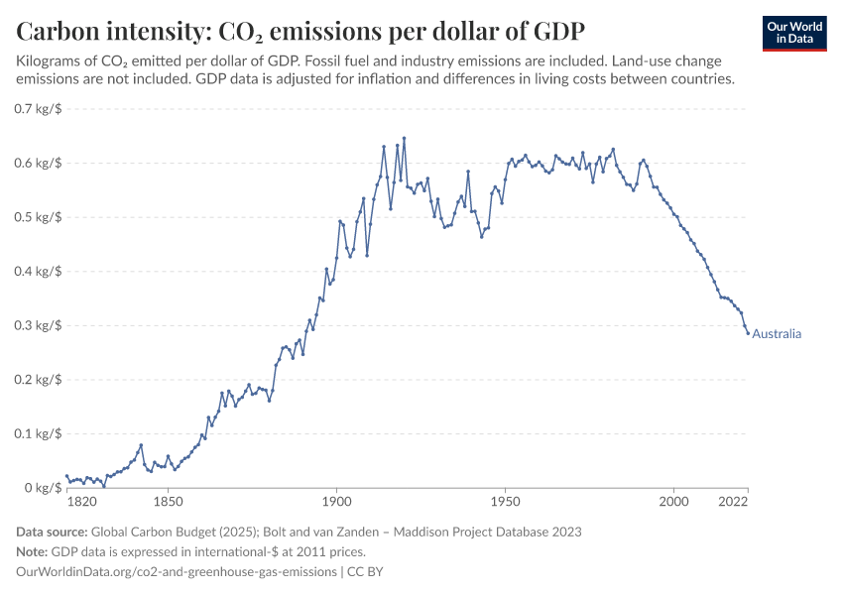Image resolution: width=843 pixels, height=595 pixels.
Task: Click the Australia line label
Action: [777, 334]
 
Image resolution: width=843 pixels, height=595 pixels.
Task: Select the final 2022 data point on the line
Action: [749, 333]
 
